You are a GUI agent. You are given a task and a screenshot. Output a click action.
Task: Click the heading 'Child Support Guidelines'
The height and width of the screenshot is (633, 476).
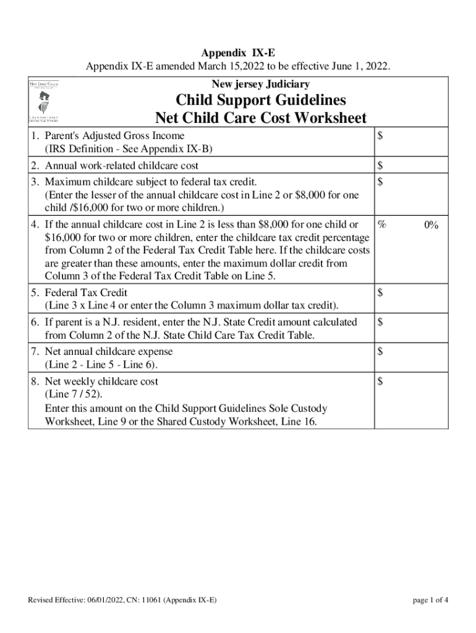click(x=260, y=100)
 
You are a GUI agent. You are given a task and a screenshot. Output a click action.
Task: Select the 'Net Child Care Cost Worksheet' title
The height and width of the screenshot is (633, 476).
click(x=260, y=117)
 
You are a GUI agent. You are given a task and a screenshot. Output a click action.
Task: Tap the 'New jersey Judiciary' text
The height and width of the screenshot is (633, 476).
click(x=260, y=84)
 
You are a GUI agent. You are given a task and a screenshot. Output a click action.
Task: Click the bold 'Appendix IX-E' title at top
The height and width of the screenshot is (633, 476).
click(x=237, y=54)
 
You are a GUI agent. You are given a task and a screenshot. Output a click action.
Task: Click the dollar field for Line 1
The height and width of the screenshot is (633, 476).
click(x=409, y=142)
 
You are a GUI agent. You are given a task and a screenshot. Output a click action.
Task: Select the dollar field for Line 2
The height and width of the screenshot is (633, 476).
click(x=409, y=166)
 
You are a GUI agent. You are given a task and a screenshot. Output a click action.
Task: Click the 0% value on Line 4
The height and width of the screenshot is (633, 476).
click(x=431, y=226)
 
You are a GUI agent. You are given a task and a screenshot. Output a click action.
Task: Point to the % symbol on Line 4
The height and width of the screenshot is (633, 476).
click(x=382, y=226)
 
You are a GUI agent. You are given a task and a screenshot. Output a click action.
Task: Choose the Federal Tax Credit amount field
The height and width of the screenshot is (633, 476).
click(x=409, y=298)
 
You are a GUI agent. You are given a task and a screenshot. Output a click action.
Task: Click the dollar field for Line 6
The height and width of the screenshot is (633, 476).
click(x=409, y=328)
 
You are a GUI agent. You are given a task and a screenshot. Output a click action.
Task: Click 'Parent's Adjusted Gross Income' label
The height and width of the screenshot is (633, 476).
click(x=114, y=135)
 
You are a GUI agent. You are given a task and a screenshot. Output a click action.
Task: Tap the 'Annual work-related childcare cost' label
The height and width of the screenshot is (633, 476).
click(x=121, y=166)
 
